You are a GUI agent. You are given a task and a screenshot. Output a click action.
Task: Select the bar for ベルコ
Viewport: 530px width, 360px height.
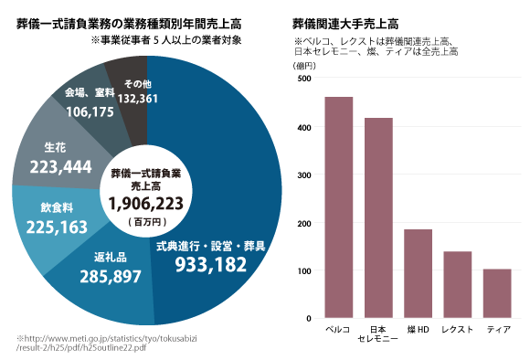(338, 207)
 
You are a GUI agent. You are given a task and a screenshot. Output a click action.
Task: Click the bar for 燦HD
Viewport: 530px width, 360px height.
(418, 273)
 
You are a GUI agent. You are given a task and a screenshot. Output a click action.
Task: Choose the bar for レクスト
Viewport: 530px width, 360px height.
(457, 284)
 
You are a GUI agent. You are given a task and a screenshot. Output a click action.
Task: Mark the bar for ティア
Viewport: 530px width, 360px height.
(497, 293)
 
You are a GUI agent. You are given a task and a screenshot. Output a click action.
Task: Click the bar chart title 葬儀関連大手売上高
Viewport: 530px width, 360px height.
(346, 22)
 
